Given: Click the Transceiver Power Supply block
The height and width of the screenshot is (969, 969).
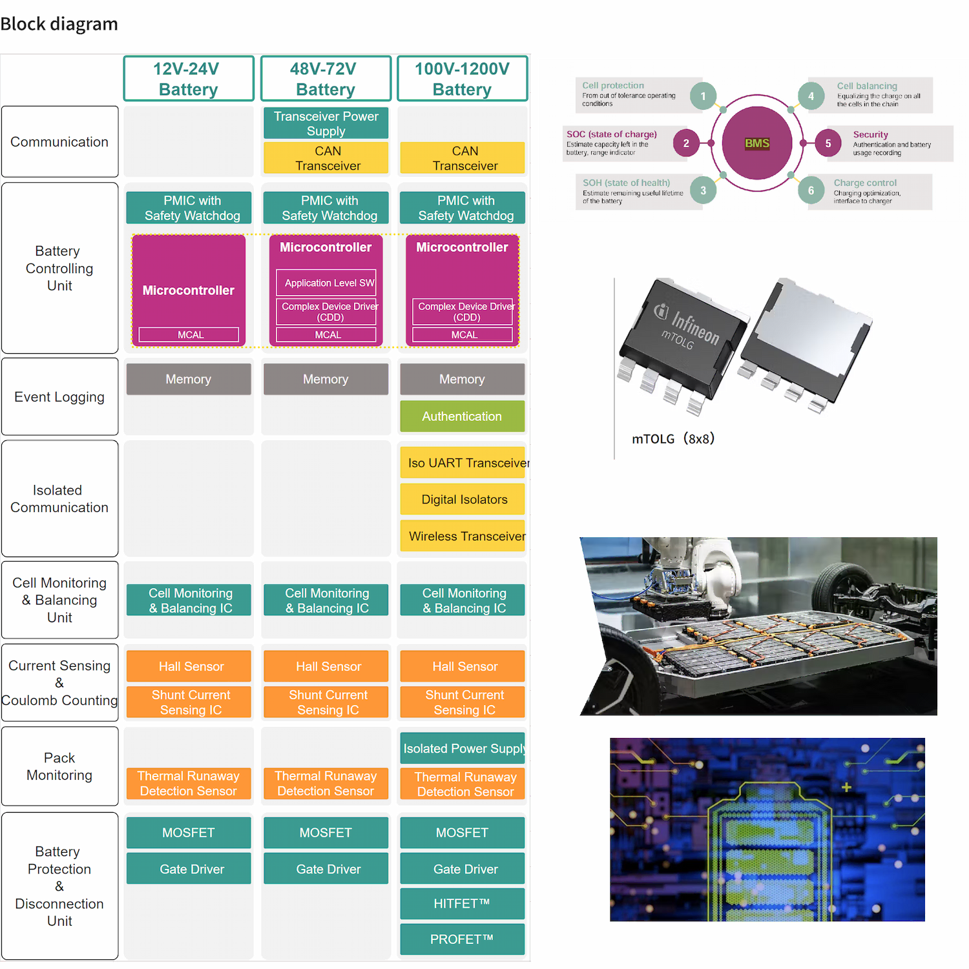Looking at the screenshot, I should (326, 123).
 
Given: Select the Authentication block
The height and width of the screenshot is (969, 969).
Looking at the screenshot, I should (462, 416).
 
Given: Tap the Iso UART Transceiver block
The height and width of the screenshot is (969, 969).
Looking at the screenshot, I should (464, 463).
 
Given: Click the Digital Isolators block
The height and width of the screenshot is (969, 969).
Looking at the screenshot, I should (463, 500).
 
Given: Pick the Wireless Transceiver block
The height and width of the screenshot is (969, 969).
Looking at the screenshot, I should (464, 536).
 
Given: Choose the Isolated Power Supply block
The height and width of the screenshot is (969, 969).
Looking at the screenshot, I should (463, 748).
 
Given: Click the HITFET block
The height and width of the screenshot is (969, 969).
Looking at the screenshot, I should (462, 904).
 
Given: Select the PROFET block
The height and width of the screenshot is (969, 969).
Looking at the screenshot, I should (462, 939).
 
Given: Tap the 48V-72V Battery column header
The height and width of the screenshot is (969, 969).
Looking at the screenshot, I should (326, 79).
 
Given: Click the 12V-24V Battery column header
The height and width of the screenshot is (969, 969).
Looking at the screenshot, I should (189, 79).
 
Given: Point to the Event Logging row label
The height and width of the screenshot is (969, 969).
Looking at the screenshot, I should (59, 397).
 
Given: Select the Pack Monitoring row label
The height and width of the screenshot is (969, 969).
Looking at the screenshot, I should (59, 766).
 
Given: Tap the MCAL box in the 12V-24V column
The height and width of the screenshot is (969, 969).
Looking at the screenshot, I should (189, 334).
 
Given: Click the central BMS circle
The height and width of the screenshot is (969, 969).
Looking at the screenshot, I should (757, 143).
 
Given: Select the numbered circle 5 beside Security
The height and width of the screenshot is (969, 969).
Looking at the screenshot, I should (828, 143).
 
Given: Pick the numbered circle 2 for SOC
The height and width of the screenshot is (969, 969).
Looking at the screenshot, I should (686, 143).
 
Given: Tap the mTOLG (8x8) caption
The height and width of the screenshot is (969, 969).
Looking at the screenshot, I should (673, 439).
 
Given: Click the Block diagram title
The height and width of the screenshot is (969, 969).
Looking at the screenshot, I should (59, 25).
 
